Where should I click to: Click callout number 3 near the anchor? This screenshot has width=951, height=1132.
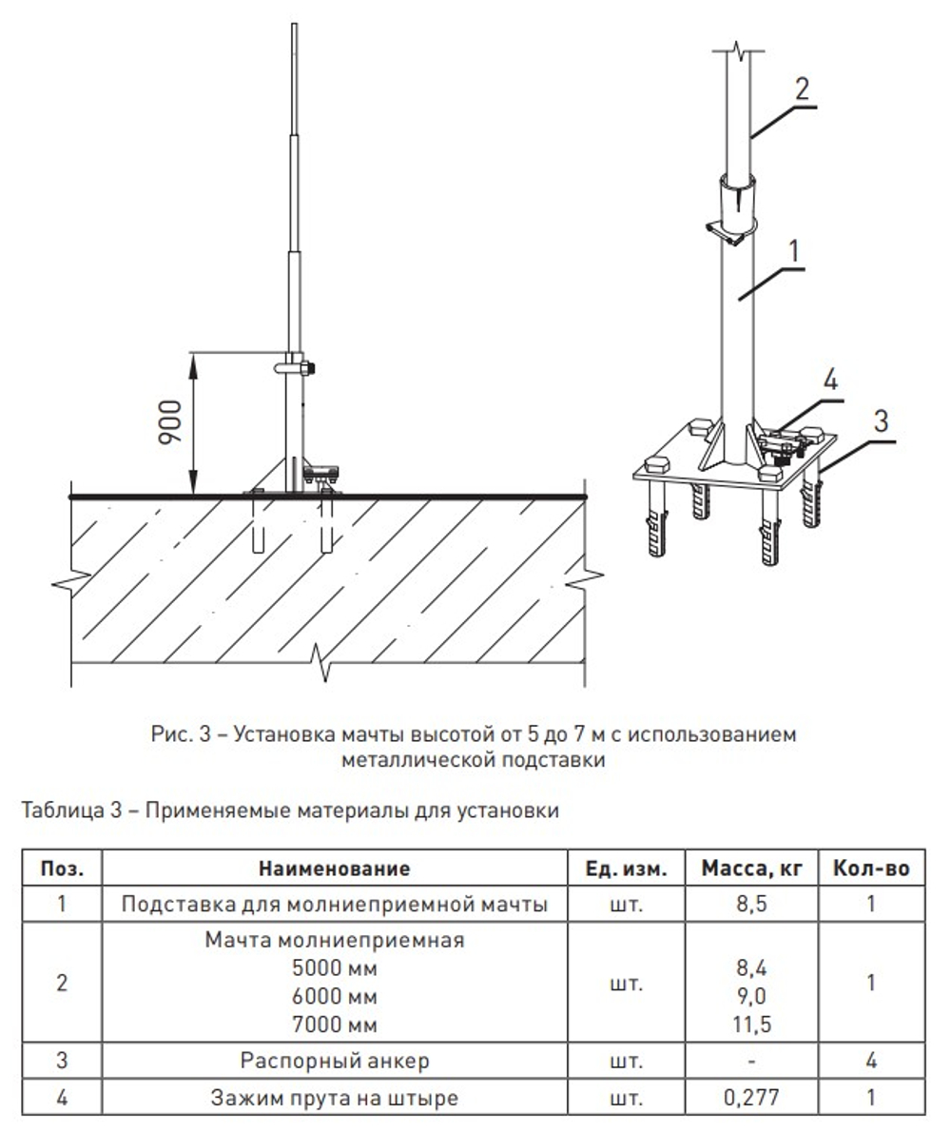coord(882,420)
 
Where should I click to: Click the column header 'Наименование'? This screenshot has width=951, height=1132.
coord(334,869)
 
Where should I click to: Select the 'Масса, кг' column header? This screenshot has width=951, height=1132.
coord(752,869)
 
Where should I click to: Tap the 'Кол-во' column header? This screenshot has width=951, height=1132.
coord(871,869)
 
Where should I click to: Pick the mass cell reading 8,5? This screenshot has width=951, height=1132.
coord(752,904)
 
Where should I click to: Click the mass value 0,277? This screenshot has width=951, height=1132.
coord(752,1097)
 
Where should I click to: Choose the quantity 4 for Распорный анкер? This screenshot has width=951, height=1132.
coord(871,1060)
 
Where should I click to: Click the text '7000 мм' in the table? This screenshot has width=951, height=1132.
coord(334,1025)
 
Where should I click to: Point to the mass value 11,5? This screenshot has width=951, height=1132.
coord(752,1025)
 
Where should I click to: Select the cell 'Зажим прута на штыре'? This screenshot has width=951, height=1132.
coord(334,1097)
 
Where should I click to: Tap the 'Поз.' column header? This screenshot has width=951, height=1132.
coord(62,869)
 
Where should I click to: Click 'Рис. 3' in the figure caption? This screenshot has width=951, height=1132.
coord(178,734)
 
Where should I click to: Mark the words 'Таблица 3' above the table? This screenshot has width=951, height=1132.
coord(65,810)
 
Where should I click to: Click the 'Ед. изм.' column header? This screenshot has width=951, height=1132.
coord(627,869)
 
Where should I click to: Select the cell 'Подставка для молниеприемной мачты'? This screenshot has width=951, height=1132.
coord(334,904)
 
